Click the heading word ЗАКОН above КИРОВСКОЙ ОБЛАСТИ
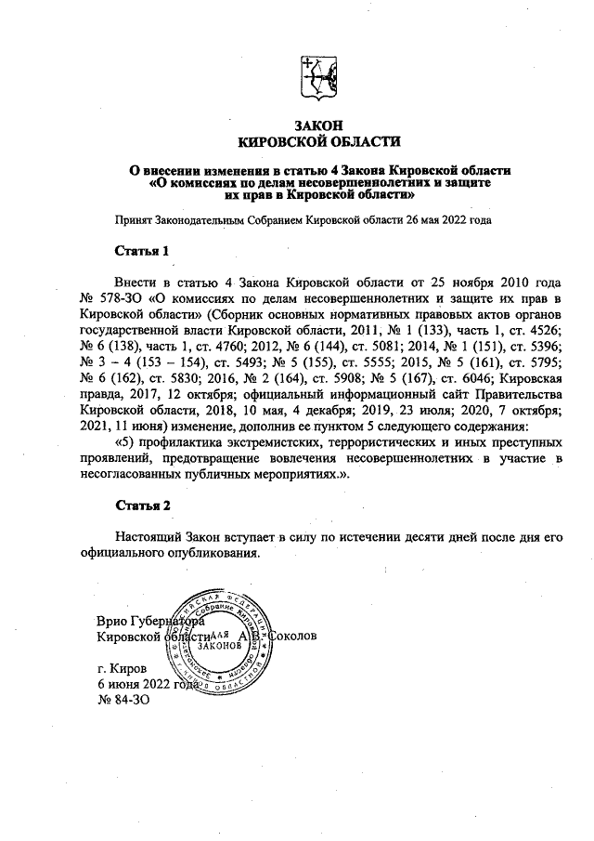pos(318,125)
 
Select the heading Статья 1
pos(142,251)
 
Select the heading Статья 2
pos(142,506)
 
